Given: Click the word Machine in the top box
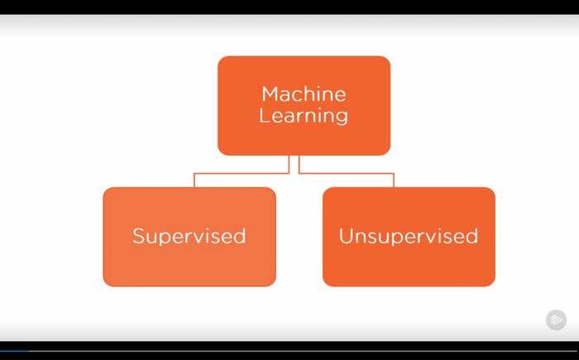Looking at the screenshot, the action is (x=304, y=94).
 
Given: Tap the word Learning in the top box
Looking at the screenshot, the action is (x=304, y=116).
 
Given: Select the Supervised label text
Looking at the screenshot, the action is (x=189, y=237).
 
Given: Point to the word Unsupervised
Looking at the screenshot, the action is (x=409, y=237).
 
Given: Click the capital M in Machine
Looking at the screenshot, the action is (x=270, y=94).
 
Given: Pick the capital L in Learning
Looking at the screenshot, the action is (x=264, y=115).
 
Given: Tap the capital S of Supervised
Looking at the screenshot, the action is (x=138, y=236).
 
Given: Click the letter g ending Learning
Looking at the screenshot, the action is (x=342, y=118).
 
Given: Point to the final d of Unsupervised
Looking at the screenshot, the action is (x=472, y=236).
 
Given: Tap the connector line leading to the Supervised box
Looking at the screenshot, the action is (x=242, y=173).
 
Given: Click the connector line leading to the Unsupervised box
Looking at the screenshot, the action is (x=347, y=173).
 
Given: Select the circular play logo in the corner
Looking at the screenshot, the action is (x=556, y=319).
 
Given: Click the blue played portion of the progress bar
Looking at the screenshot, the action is (x=14, y=351).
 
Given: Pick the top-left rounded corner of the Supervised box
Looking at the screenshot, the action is (x=106, y=190).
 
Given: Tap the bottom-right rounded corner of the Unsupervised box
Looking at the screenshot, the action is (x=492, y=283).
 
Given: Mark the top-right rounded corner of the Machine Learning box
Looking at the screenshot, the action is (x=387, y=59).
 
